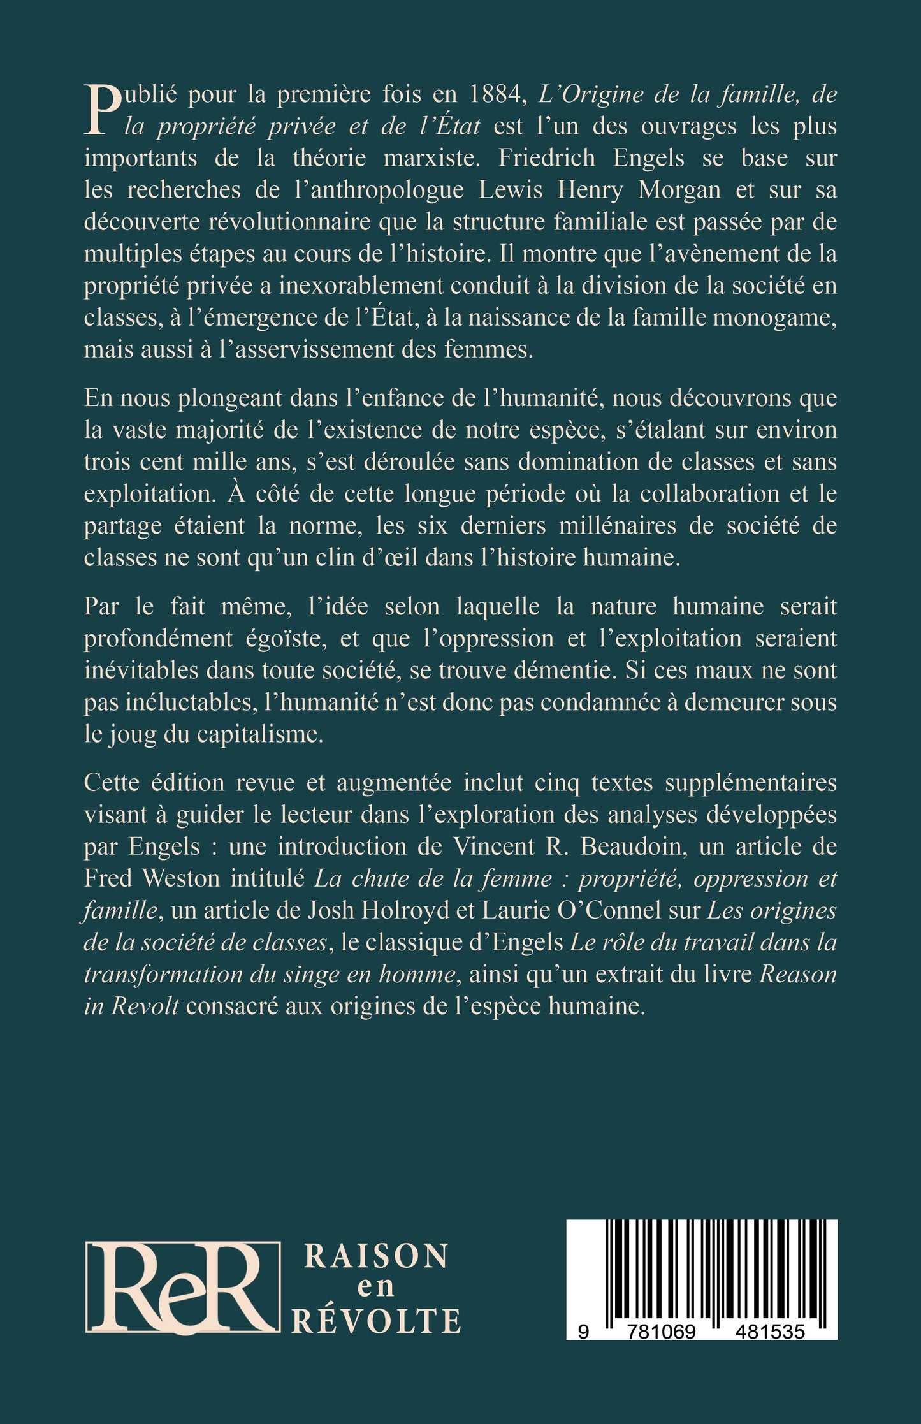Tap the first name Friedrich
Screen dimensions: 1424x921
click(x=546, y=158)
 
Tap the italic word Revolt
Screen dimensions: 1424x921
click(x=146, y=1006)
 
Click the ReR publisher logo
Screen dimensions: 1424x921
click(x=182, y=1286)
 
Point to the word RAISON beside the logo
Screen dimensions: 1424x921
click(x=376, y=1256)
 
